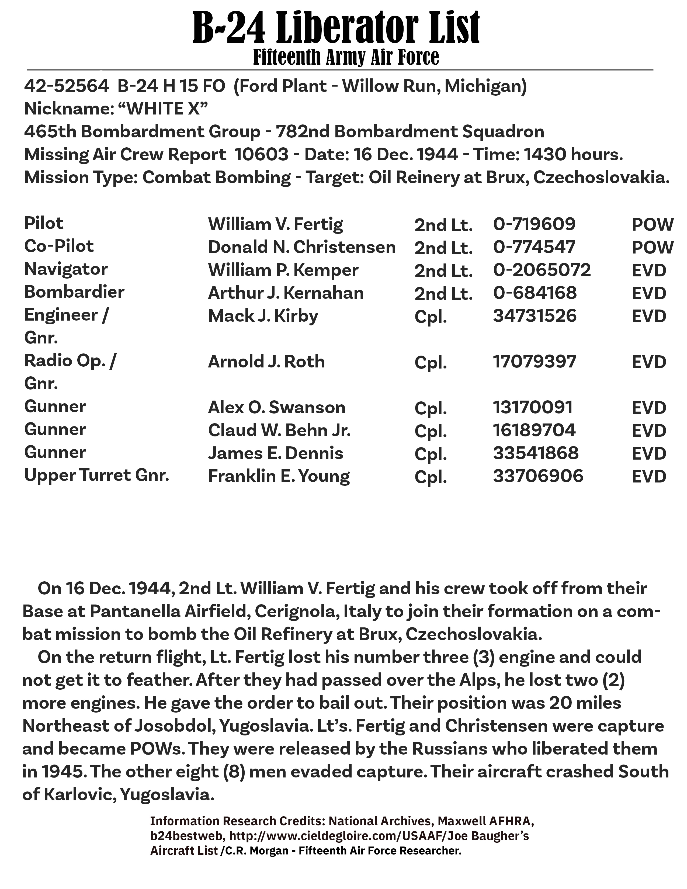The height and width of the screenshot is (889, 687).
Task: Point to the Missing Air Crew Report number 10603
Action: pos(261,155)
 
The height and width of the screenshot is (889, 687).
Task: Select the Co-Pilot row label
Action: pos(59,246)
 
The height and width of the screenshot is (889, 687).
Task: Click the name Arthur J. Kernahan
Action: pos(286,293)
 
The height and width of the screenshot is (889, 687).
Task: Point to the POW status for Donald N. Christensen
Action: pos(653,248)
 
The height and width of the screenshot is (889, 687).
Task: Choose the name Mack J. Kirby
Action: pos(263,316)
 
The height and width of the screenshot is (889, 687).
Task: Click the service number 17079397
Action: pos(535,362)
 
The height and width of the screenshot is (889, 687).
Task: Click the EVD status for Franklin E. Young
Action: pos(649,477)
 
